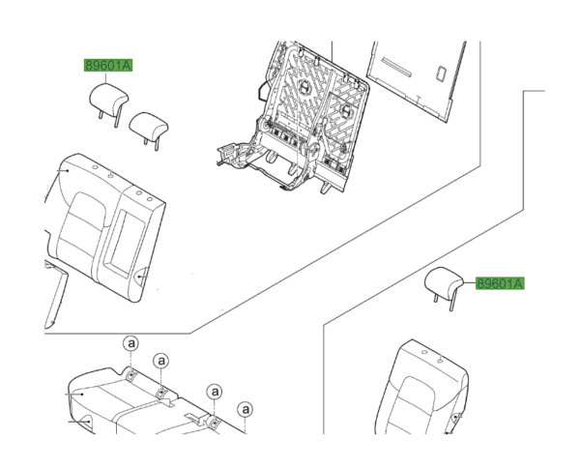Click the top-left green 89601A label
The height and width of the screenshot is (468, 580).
[x=107, y=66]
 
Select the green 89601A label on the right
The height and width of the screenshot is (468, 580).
[x=499, y=282]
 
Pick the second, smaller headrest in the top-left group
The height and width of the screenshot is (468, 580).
[x=148, y=124]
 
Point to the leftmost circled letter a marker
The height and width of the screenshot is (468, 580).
[x=130, y=345]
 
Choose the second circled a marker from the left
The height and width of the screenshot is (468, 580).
[x=162, y=361]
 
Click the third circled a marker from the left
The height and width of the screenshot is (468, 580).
[x=215, y=392]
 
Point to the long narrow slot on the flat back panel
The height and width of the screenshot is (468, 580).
[x=396, y=67]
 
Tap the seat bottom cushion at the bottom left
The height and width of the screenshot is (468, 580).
[x=126, y=406]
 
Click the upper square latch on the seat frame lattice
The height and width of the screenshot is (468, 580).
[x=303, y=88]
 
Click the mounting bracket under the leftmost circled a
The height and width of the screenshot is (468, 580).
[x=130, y=372]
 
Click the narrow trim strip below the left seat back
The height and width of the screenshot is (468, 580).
[x=54, y=300]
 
